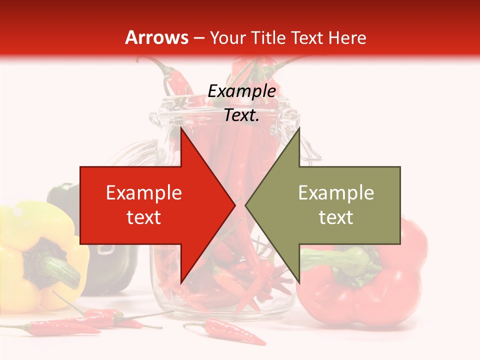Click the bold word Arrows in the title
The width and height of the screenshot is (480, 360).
[x=157, y=37]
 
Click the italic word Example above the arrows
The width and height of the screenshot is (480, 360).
[x=241, y=91]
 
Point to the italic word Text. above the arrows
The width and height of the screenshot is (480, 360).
[x=241, y=115]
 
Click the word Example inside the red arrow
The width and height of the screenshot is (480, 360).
[x=144, y=193]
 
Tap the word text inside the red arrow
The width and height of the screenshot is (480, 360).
[x=144, y=217]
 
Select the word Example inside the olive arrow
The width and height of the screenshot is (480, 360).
[x=336, y=193]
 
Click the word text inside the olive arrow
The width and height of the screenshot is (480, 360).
[x=336, y=217]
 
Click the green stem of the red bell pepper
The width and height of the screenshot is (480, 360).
[x=350, y=260]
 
